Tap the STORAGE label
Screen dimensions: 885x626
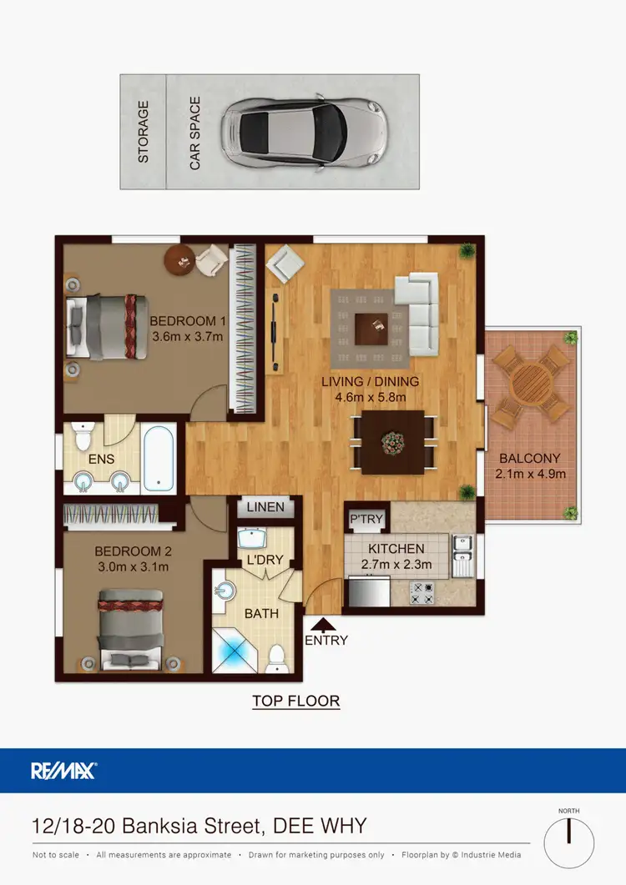coord(144,132)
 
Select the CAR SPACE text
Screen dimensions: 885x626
coord(195,133)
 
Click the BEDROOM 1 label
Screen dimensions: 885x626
coord(188,321)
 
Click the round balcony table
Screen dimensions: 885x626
coord(531,385)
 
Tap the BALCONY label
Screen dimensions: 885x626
coord(530,458)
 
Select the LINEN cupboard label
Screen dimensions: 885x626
coord(265,506)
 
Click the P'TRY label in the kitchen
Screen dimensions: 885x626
coord(366,519)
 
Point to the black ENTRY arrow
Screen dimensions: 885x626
coord(325,622)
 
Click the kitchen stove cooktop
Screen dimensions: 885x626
coord(422,594)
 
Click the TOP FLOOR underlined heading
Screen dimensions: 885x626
coord(296,701)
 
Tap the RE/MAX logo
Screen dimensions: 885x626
coord(64,770)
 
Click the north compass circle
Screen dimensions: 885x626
coord(568,842)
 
